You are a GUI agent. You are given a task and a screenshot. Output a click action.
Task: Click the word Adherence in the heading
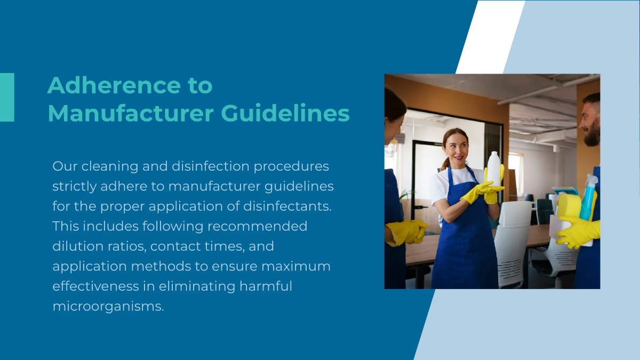coord(114,85)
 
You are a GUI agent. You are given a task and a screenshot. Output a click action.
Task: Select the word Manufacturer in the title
coord(131,113)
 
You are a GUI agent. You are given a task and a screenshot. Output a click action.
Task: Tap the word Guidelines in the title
coord(285,113)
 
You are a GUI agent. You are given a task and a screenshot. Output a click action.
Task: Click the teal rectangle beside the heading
coord(7,98)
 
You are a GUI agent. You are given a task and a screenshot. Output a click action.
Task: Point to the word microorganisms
coord(108,306)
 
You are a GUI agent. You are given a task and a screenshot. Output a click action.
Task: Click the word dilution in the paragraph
coord(78,246)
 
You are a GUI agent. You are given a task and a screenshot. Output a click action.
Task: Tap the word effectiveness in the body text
coord(95,286)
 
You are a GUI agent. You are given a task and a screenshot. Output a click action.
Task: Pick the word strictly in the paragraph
coord(74,187)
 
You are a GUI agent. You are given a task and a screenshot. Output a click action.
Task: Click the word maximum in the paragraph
coord(296,266)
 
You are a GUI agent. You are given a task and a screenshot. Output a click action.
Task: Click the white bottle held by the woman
coord(494,169)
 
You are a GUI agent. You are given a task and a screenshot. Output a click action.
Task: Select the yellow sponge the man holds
coord(569,206)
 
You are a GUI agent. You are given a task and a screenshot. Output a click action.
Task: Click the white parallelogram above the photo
coord(490,37)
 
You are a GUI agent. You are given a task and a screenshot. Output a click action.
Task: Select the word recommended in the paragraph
coord(257,226)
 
